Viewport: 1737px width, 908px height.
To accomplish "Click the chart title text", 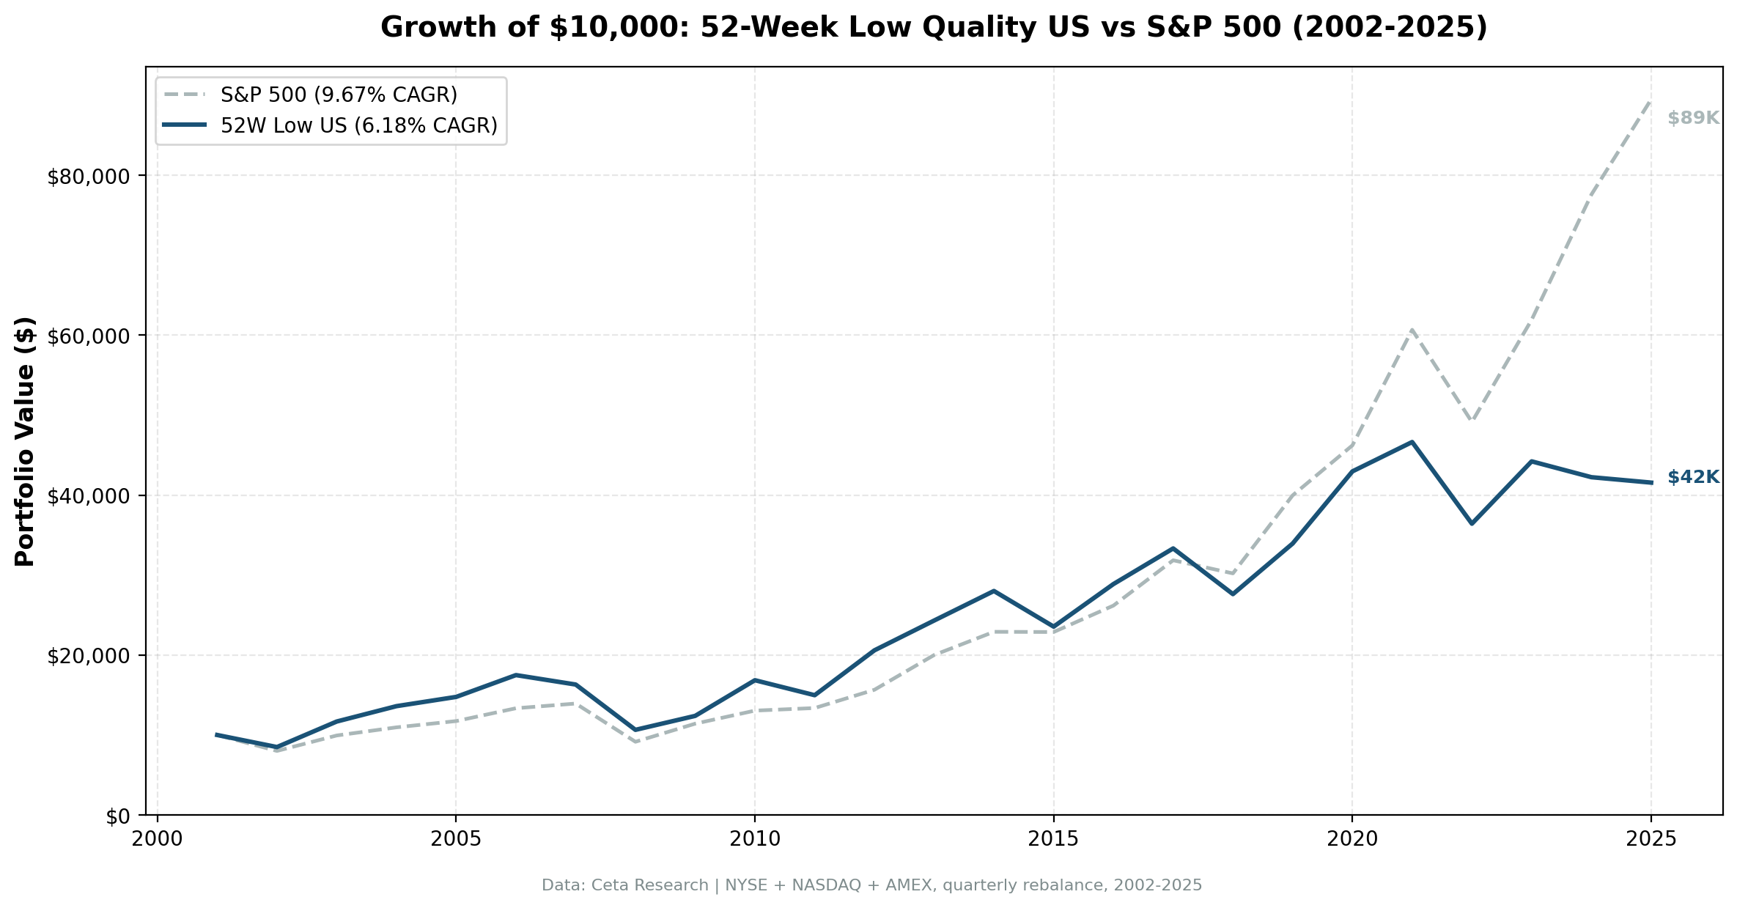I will click(x=934, y=28).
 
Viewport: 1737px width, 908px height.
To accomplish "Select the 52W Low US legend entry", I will click(x=358, y=126).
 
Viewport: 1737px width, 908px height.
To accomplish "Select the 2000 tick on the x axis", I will click(x=157, y=839).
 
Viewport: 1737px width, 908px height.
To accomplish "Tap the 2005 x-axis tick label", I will click(x=456, y=839).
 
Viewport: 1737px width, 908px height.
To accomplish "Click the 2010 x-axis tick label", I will click(x=755, y=839).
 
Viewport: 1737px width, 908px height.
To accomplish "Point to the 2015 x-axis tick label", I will click(x=1053, y=839).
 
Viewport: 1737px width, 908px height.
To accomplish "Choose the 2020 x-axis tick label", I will click(x=1352, y=839).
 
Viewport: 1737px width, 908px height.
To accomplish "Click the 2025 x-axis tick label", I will click(x=1651, y=839).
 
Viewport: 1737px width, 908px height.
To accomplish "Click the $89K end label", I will click(x=1693, y=118).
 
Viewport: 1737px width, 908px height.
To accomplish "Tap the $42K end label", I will click(x=1693, y=478).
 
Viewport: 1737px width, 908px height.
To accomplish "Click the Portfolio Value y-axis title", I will click(x=25, y=441).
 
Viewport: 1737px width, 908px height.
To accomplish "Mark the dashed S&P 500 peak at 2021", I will click(x=1412, y=331).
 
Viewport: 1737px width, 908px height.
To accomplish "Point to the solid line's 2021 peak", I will click(x=1412, y=442).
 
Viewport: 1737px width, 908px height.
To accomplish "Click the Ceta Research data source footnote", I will click(x=871, y=885).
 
